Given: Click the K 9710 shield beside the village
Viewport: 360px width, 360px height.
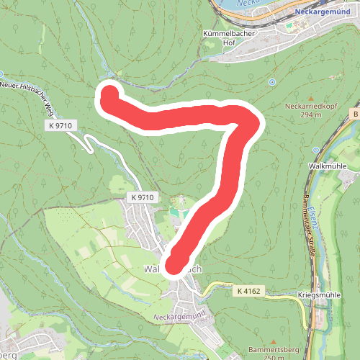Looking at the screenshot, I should pos(143,197).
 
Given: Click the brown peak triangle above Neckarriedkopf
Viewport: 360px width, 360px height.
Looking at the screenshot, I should pos(300,96).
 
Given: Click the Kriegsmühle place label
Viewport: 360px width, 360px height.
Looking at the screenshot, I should pos(318,295).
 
